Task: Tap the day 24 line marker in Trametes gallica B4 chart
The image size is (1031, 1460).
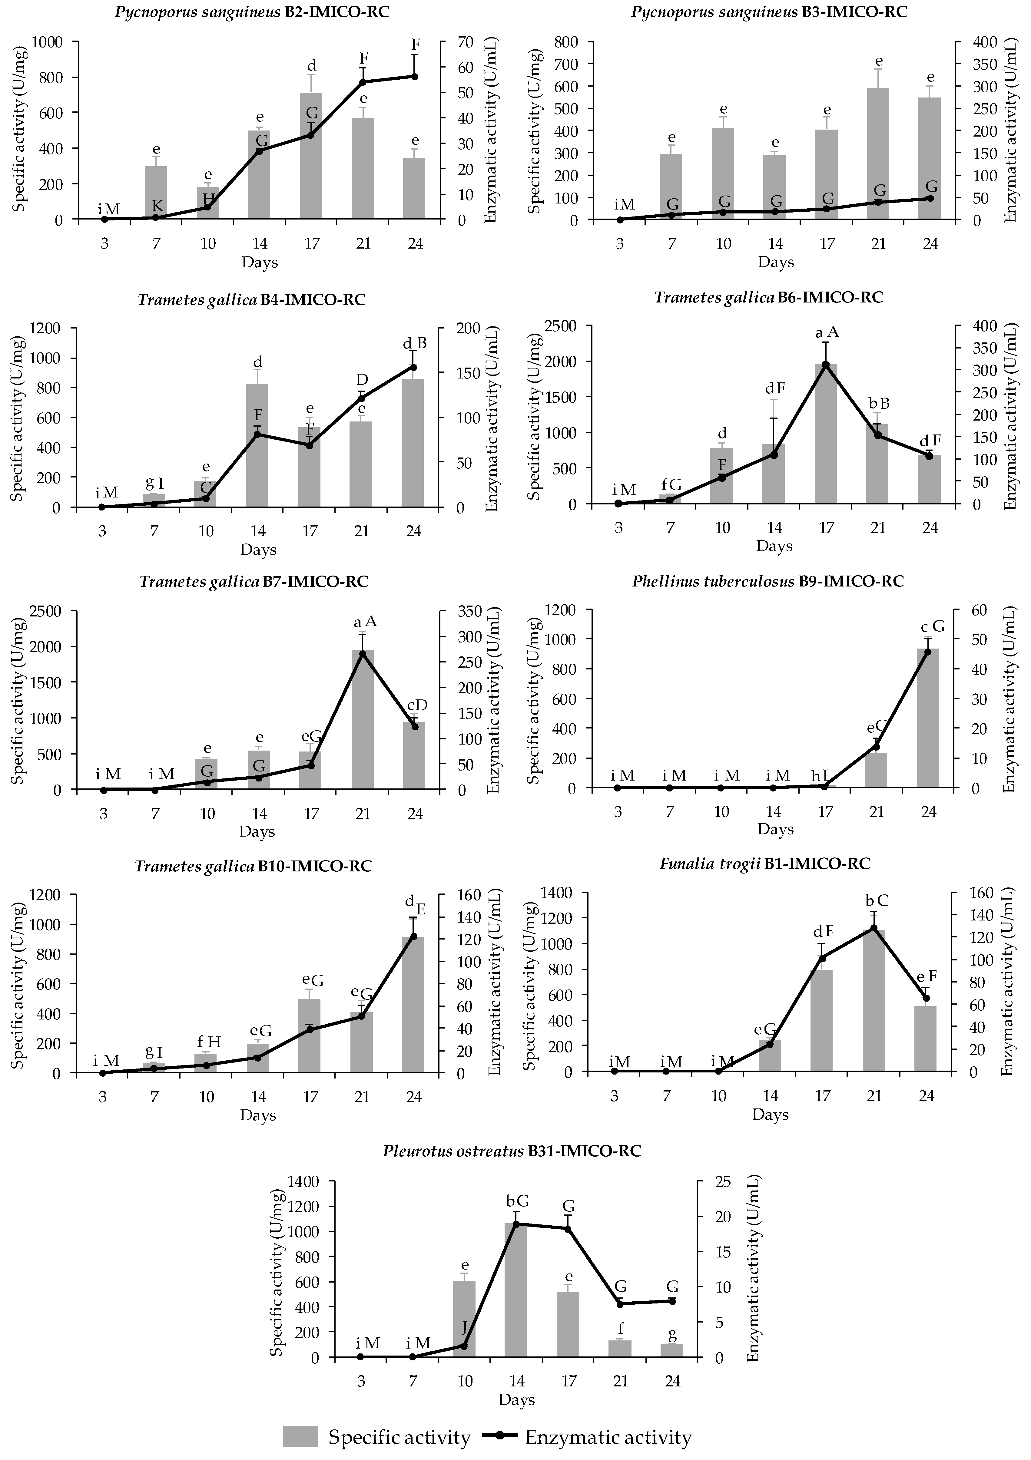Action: coord(413,367)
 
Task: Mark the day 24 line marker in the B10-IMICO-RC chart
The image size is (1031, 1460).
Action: coord(413,936)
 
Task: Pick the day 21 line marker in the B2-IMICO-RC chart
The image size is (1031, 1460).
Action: coord(363,82)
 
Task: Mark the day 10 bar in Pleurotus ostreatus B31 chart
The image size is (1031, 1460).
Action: coord(464,1320)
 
